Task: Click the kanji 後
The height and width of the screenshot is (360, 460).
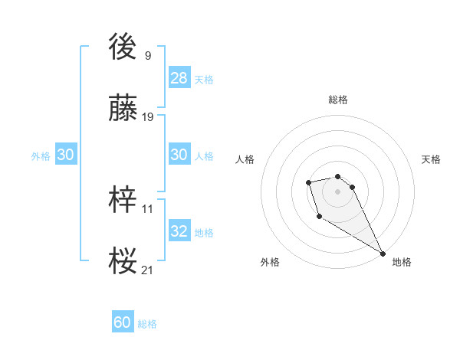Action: click(123, 47)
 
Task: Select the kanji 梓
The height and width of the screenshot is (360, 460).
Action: click(123, 200)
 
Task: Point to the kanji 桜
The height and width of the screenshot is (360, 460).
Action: click(123, 260)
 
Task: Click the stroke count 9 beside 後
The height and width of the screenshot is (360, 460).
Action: click(148, 56)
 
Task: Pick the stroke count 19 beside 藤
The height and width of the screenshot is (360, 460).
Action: click(148, 117)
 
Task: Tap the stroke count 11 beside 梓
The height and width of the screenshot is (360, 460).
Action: click(148, 208)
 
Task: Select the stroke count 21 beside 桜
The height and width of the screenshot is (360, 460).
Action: click(148, 270)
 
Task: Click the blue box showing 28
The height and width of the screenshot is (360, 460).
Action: click(179, 78)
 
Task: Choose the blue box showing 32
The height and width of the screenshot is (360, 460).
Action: click(179, 231)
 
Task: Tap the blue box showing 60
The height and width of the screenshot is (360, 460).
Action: click(123, 322)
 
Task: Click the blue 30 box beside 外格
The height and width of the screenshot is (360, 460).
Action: click(66, 155)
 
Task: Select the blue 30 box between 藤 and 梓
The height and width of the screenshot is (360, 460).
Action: click(179, 155)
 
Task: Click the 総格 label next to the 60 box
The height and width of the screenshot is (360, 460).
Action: click(147, 324)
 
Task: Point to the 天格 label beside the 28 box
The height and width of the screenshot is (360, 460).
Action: click(204, 80)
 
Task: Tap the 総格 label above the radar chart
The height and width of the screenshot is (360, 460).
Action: click(338, 100)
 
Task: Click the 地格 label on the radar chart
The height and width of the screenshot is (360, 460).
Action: click(402, 262)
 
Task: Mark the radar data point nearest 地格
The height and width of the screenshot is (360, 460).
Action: click(383, 254)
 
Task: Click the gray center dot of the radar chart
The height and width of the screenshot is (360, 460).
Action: click(338, 191)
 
